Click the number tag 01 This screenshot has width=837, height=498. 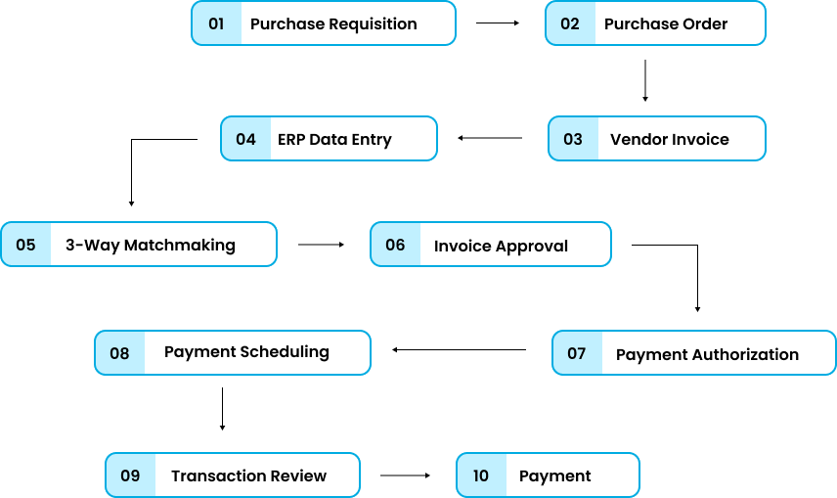[x=217, y=23]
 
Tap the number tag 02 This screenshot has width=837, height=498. [x=571, y=23]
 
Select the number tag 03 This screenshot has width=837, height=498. [x=573, y=139]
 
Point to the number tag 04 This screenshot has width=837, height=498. [x=246, y=139]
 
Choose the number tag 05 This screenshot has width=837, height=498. [x=26, y=245]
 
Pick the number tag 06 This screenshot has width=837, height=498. [x=396, y=245]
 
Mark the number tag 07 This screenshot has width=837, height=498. [x=577, y=353]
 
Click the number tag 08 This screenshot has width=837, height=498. [x=119, y=353]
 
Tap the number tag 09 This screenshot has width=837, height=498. [x=131, y=475]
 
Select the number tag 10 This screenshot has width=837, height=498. [x=481, y=475]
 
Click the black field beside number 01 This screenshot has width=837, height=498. [x=347, y=23]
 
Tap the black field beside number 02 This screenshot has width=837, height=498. [x=679, y=23]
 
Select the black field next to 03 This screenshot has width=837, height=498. [x=681, y=139]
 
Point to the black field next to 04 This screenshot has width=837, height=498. [x=352, y=139]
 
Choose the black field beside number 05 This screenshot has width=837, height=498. [x=162, y=245]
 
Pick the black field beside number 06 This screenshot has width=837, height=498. [x=514, y=245]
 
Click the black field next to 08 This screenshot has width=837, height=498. [x=256, y=353]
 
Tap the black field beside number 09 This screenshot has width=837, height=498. [x=256, y=475]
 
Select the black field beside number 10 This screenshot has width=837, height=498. [x=572, y=475]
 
